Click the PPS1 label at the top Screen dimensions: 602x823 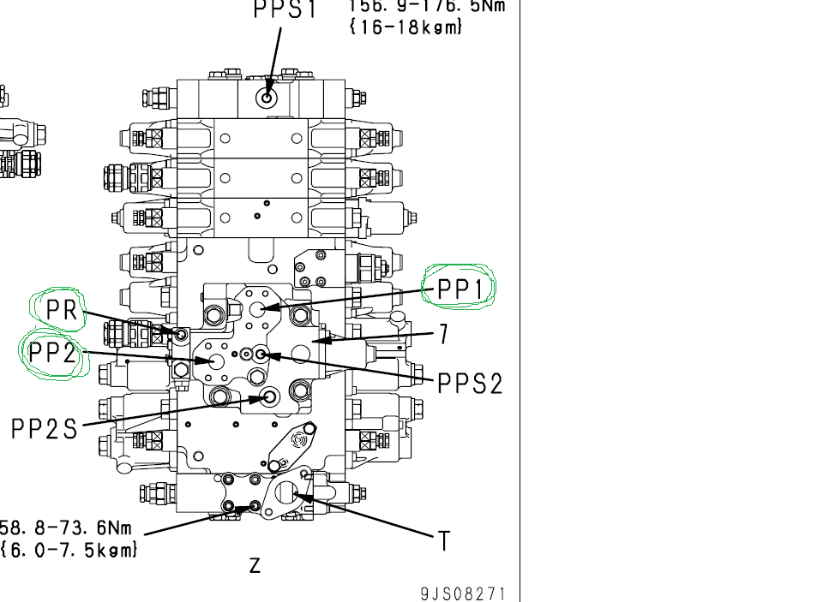tap(285, 9)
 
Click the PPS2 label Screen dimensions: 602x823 tap(470, 383)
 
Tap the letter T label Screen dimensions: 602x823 tap(444, 541)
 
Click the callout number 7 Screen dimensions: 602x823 tap(443, 334)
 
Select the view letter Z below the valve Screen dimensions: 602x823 tap(255, 565)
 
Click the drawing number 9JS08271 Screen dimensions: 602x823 tap(463, 593)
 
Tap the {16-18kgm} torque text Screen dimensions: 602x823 tap(405, 27)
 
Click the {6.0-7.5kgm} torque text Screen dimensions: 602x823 tap(69, 550)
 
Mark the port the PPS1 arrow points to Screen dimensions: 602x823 tap(267, 98)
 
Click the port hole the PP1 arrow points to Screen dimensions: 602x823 tap(266, 307)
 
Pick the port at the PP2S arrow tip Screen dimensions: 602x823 tap(268, 396)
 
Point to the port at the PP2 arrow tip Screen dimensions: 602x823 tap(211, 360)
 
